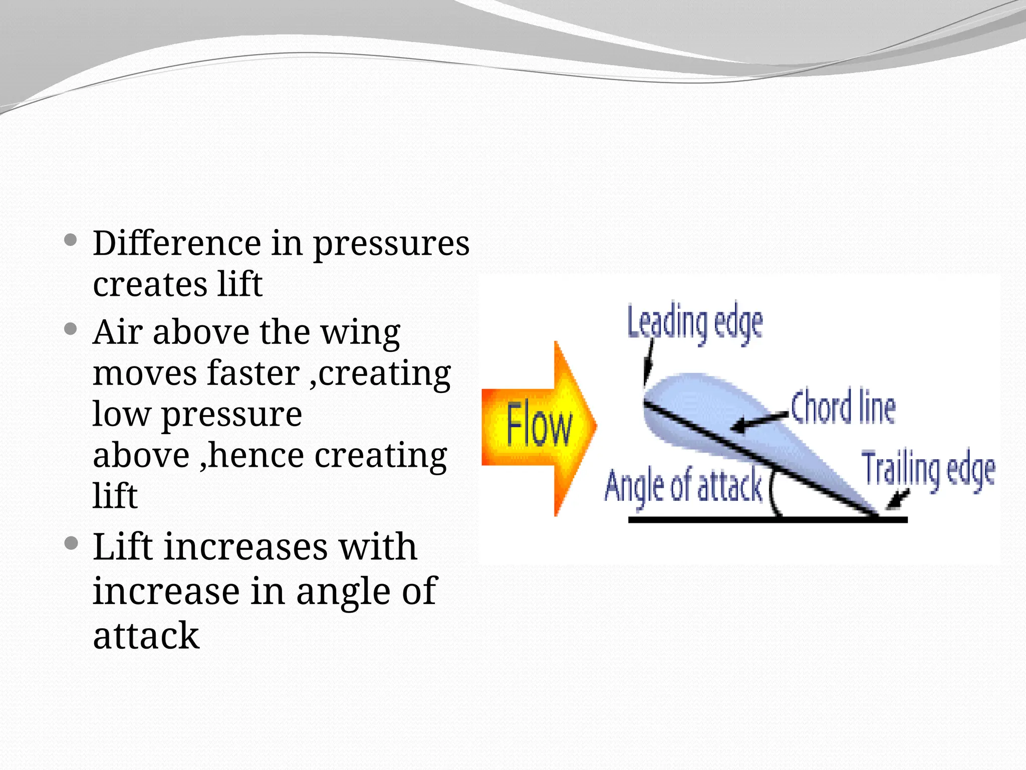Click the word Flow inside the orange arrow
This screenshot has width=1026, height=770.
[x=538, y=427]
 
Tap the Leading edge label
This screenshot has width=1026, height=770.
[x=695, y=324]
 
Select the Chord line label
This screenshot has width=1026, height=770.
[x=843, y=408]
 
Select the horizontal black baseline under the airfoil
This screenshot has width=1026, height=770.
[x=766, y=520]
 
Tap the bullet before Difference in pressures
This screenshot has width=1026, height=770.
[x=71, y=240]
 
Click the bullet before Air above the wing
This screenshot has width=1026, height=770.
[x=71, y=329]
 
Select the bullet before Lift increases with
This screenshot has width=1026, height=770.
[x=71, y=543]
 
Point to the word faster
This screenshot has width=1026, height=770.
[x=253, y=373]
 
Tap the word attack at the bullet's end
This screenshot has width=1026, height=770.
[x=146, y=636]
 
